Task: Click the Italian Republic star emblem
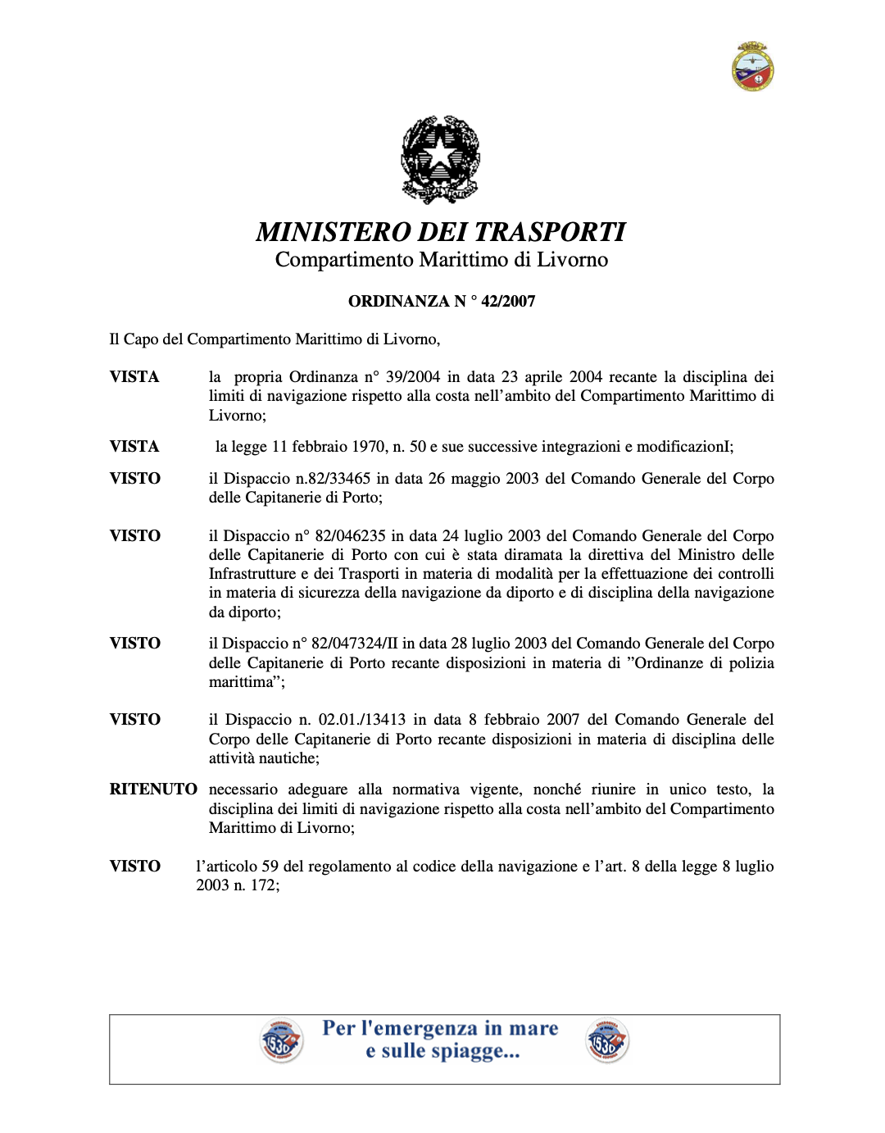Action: (440, 159)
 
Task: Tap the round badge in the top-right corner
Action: (752, 66)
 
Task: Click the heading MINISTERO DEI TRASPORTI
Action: (441, 232)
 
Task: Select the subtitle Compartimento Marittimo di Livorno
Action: (441, 260)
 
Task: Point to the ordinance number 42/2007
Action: (508, 301)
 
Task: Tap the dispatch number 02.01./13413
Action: (362, 719)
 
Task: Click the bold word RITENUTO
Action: (153, 789)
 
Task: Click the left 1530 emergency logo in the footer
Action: (281, 1041)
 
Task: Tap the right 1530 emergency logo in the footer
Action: (607, 1041)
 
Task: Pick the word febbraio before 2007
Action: (512, 719)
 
